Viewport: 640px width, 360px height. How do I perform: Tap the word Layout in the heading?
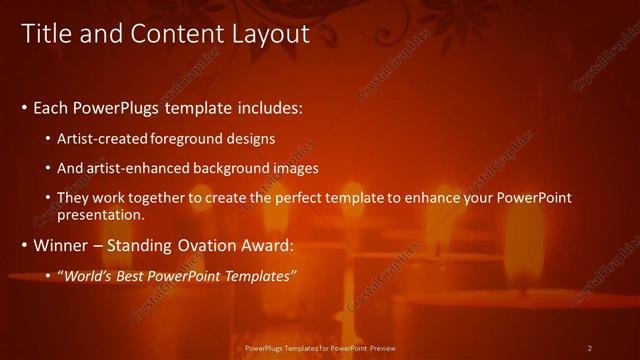(x=264, y=34)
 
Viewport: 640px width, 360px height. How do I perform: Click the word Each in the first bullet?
(x=53, y=107)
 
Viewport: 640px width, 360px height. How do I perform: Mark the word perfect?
(x=307, y=198)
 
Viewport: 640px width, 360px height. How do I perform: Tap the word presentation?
(x=101, y=214)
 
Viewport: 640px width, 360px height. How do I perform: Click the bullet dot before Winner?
(x=25, y=245)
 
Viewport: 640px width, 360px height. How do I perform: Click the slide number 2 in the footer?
(x=589, y=348)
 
